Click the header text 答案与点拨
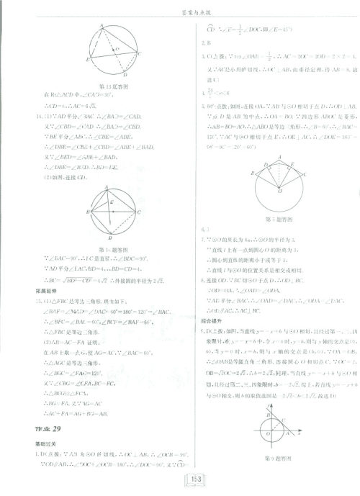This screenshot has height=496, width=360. coord(180,8)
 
